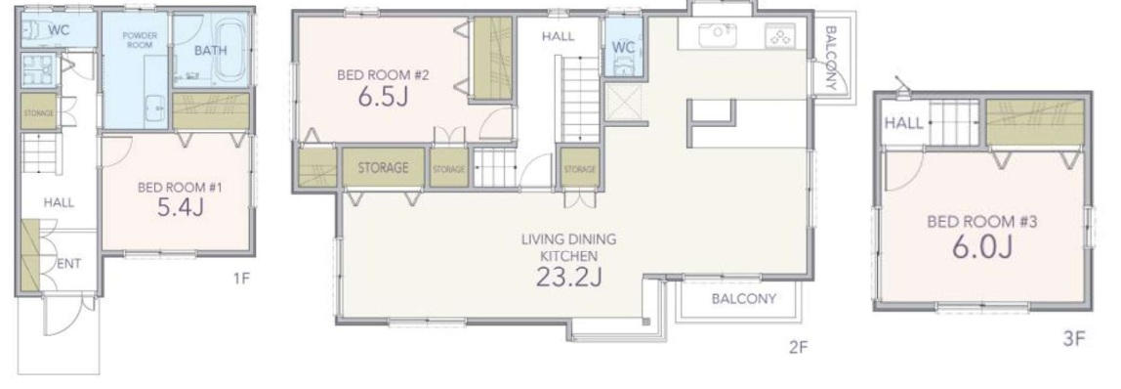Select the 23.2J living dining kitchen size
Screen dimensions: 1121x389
pyautogui.click(x=568, y=276)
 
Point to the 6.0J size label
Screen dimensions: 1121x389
pyautogui.click(x=981, y=247)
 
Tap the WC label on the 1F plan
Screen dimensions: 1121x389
pyautogui.click(x=58, y=30)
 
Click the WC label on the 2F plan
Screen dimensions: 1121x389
pyautogui.click(x=623, y=47)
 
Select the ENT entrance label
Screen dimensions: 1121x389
pyautogui.click(x=68, y=264)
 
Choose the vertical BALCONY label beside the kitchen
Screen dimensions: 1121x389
pyautogui.click(x=831, y=58)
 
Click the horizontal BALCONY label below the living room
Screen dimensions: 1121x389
pyautogui.click(x=743, y=299)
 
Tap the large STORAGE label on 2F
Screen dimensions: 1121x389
pyautogui.click(x=383, y=168)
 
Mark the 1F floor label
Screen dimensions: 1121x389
pyautogui.click(x=241, y=279)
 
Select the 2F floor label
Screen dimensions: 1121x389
pyautogui.click(x=798, y=348)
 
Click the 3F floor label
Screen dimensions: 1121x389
pyautogui.click(x=1074, y=338)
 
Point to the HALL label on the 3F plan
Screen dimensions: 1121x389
pyautogui.click(x=903, y=124)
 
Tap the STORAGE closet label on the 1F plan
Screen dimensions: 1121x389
pyautogui.click(x=38, y=112)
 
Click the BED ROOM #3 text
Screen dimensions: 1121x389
pyautogui.click(x=981, y=221)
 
